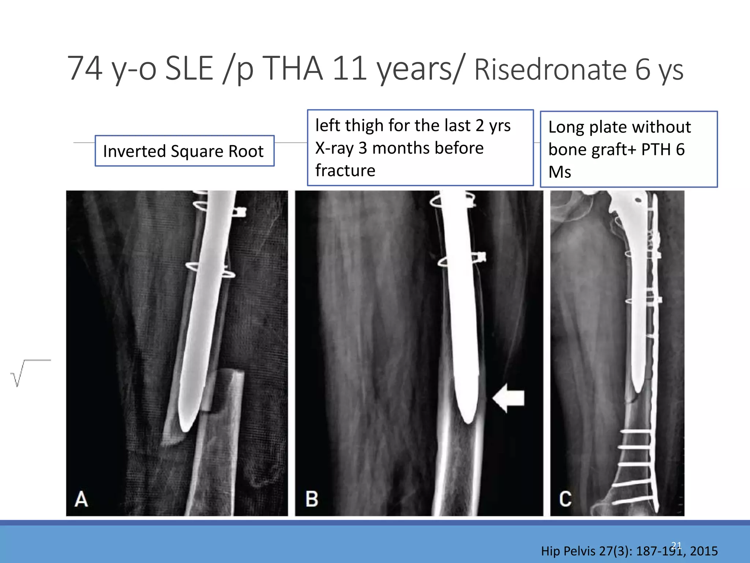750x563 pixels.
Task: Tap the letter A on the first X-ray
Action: coord(81,499)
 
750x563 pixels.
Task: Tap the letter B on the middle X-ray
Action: coord(312,499)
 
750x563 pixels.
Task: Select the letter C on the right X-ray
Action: coord(565,499)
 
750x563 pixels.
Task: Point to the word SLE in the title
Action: coord(189,69)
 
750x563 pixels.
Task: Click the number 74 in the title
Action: coord(85,69)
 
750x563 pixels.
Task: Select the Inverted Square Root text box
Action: coord(184,151)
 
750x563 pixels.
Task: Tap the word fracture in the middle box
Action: coord(345,170)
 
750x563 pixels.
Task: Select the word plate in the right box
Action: coord(607,127)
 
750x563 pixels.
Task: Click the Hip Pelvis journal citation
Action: coord(629,551)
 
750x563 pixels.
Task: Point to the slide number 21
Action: coord(676,545)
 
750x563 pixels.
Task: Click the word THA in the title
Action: coord(293,69)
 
